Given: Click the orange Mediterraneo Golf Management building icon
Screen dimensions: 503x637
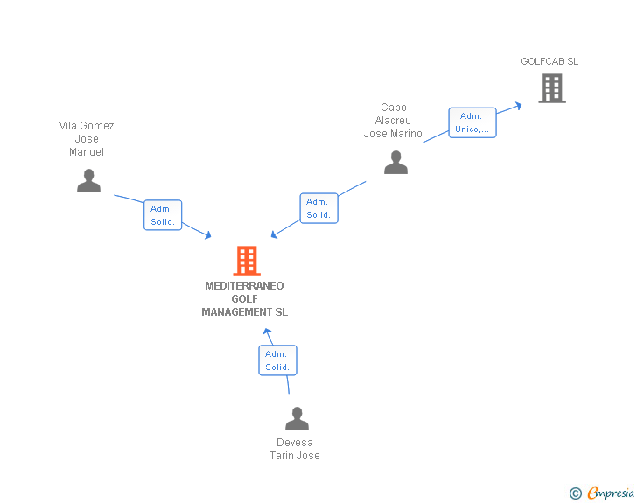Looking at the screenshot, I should pos(247,261).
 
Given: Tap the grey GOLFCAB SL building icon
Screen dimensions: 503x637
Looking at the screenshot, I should pos(551,88).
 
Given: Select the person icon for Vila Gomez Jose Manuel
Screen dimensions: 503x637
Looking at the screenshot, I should pos(88,180).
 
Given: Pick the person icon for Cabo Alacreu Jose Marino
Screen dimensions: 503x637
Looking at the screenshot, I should pos(395,163).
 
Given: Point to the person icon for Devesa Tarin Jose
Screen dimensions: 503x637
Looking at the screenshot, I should pos(297,418).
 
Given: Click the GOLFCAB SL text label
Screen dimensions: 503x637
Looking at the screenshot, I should pos(549,62).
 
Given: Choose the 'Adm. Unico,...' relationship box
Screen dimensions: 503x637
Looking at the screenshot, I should pos(472,122).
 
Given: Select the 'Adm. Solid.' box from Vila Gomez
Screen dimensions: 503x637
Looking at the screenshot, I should pos(163,215).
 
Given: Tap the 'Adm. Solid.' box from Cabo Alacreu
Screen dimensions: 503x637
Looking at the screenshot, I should pos(318,208).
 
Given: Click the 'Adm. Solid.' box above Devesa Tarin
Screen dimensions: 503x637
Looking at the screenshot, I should pos(277,360).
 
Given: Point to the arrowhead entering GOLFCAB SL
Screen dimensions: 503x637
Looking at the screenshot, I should pos(518,105).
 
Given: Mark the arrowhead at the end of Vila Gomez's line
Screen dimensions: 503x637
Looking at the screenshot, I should pos(208,234).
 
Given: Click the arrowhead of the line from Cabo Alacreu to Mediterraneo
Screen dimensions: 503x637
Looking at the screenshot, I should pos(274,234).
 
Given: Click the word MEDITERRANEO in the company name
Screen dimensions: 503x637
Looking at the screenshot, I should pos(244,286).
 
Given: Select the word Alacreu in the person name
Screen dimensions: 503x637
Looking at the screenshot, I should pos(393,121).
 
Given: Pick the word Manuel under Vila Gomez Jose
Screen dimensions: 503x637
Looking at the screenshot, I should pos(87,152).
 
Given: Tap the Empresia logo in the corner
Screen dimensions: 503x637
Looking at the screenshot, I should pos(611,493).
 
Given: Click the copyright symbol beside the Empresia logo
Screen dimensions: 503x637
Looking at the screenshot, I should pos(575,493).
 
